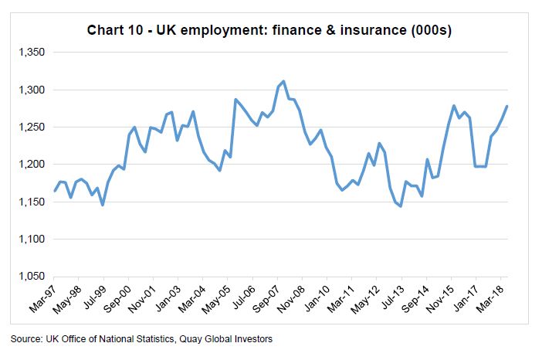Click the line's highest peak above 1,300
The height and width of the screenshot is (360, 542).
tap(283, 81)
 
